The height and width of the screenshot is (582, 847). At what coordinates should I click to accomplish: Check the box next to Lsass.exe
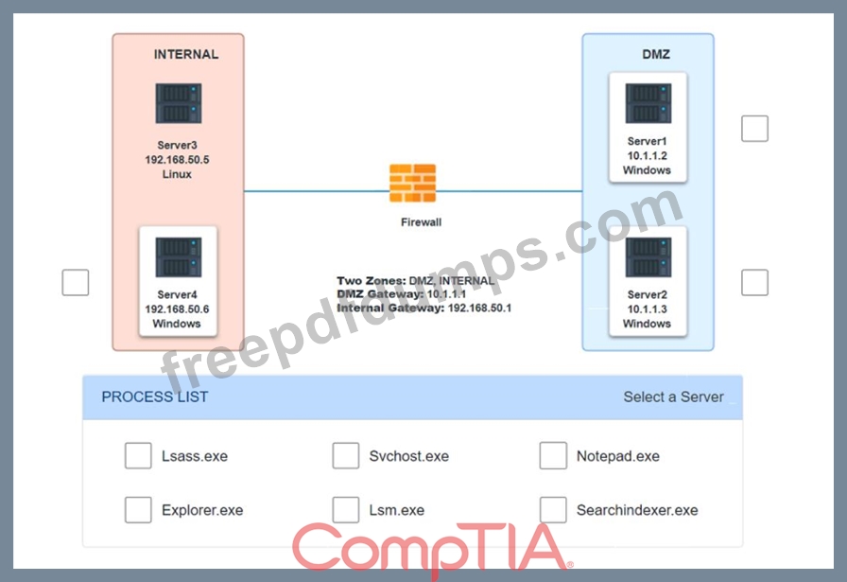[x=138, y=455]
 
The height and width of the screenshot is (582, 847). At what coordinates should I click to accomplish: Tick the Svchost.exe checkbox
[x=346, y=455]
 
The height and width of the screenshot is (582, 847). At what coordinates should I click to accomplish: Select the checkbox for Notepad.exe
[x=553, y=455]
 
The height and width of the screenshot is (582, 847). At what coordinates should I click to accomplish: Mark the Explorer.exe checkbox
[x=138, y=509]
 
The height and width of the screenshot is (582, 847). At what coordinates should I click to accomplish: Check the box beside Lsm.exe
[x=346, y=509]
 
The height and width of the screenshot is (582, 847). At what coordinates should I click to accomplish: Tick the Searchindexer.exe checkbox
[x=553, y=509]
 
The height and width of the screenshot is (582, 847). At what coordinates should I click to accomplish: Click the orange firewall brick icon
[x=413, y=183]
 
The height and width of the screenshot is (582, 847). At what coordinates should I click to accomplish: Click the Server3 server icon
[x=179, y=103]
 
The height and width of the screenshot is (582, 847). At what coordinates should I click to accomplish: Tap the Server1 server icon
[x=648, y=103]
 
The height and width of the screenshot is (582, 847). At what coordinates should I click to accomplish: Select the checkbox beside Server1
[x=754, y=128]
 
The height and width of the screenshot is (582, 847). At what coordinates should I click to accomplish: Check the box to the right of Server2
[x=754, y=282]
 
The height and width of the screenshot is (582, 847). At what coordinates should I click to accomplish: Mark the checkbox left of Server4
[x=76, y=282]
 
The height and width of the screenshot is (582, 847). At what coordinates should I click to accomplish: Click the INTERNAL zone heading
[x=186, y=54]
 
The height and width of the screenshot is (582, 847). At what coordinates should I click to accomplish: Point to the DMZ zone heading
[x=656, y=54]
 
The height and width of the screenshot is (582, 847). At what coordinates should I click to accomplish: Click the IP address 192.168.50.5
[x=177, y=160]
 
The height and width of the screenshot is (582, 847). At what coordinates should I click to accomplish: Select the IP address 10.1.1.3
[x=648, y=309]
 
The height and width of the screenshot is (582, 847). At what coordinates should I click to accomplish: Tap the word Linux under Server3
[x=177, y=174]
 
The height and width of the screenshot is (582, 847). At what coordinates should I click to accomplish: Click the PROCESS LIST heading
[x=155, y=397]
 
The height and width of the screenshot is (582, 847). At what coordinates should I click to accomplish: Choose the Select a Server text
[x=674, y=397]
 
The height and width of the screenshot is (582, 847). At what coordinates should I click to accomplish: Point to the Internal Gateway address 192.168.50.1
[x=479, y=308]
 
